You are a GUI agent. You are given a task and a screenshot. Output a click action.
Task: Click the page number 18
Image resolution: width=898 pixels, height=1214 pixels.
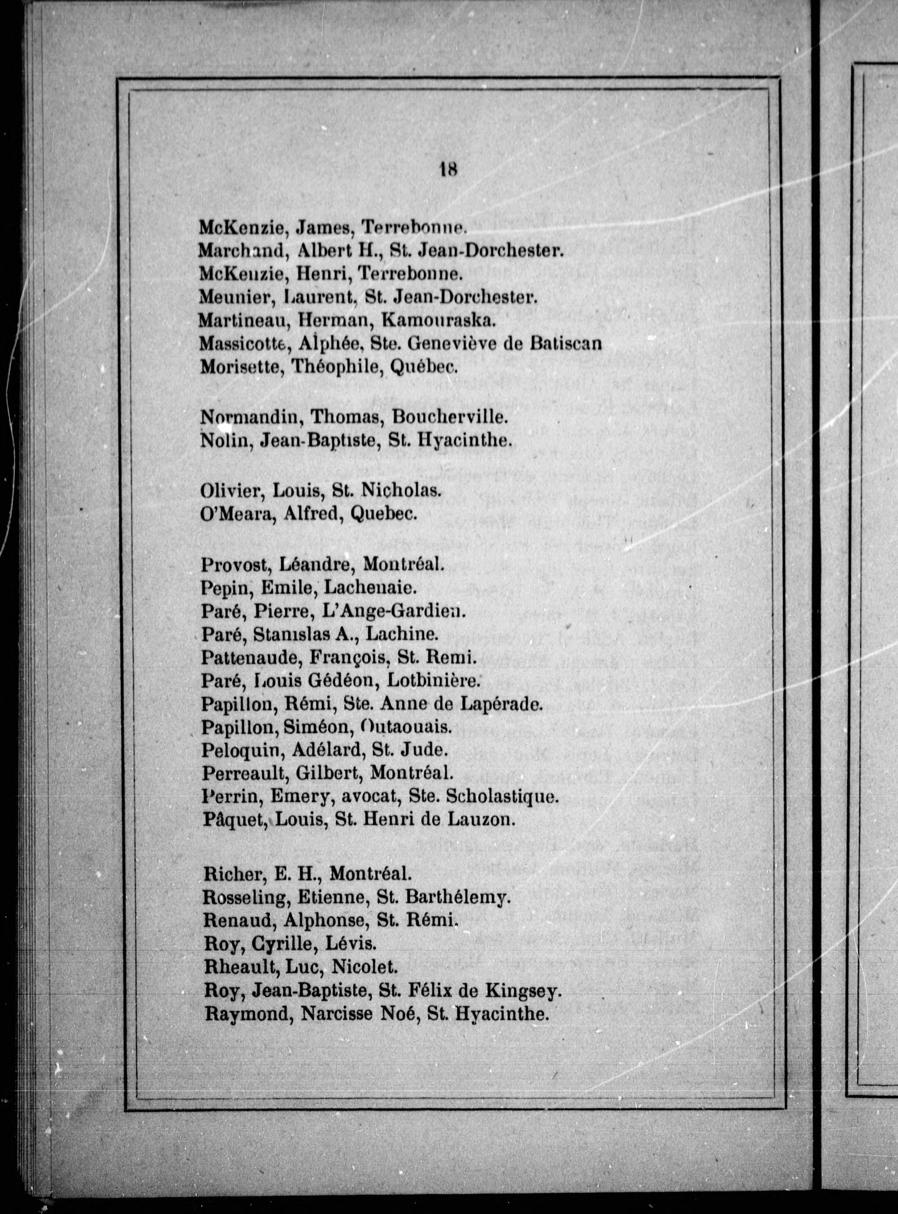(x=448, y=170)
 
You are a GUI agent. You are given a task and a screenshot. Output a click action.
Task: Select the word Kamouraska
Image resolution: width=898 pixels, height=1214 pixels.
(x=438, y=321)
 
